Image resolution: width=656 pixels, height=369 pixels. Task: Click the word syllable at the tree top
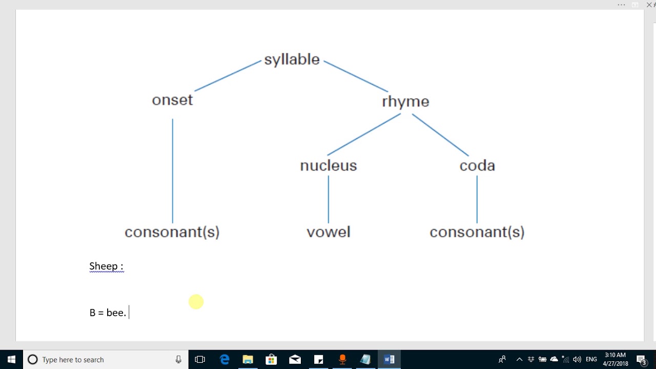tap(292, 59)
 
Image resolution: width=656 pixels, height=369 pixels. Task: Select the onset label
tap(172, 100)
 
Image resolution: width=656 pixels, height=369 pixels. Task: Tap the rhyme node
tap(405, 101)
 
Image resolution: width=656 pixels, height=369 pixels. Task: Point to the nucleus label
tap(329, 166)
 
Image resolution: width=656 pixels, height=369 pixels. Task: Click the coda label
tap(477, 166)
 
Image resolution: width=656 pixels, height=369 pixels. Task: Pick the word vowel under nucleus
tap(329, 232)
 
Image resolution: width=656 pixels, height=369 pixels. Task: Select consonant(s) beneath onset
tap(172, 232)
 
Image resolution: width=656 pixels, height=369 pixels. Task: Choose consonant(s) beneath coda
tap(477, 232)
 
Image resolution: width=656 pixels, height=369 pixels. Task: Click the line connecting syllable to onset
tap(228, 76)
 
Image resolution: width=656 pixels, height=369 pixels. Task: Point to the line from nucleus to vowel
tap(329, 199)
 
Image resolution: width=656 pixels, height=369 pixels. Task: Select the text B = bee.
tap(108, 313)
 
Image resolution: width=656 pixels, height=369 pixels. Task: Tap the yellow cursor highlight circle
tap(196, 302)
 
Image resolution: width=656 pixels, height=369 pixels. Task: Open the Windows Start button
tap(11, 359)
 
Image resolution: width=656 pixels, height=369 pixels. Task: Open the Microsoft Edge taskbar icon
tap(224, 359)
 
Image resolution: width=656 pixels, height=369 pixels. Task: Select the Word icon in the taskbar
tap(389, 359)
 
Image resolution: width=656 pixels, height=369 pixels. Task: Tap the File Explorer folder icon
tap(248, 359)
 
